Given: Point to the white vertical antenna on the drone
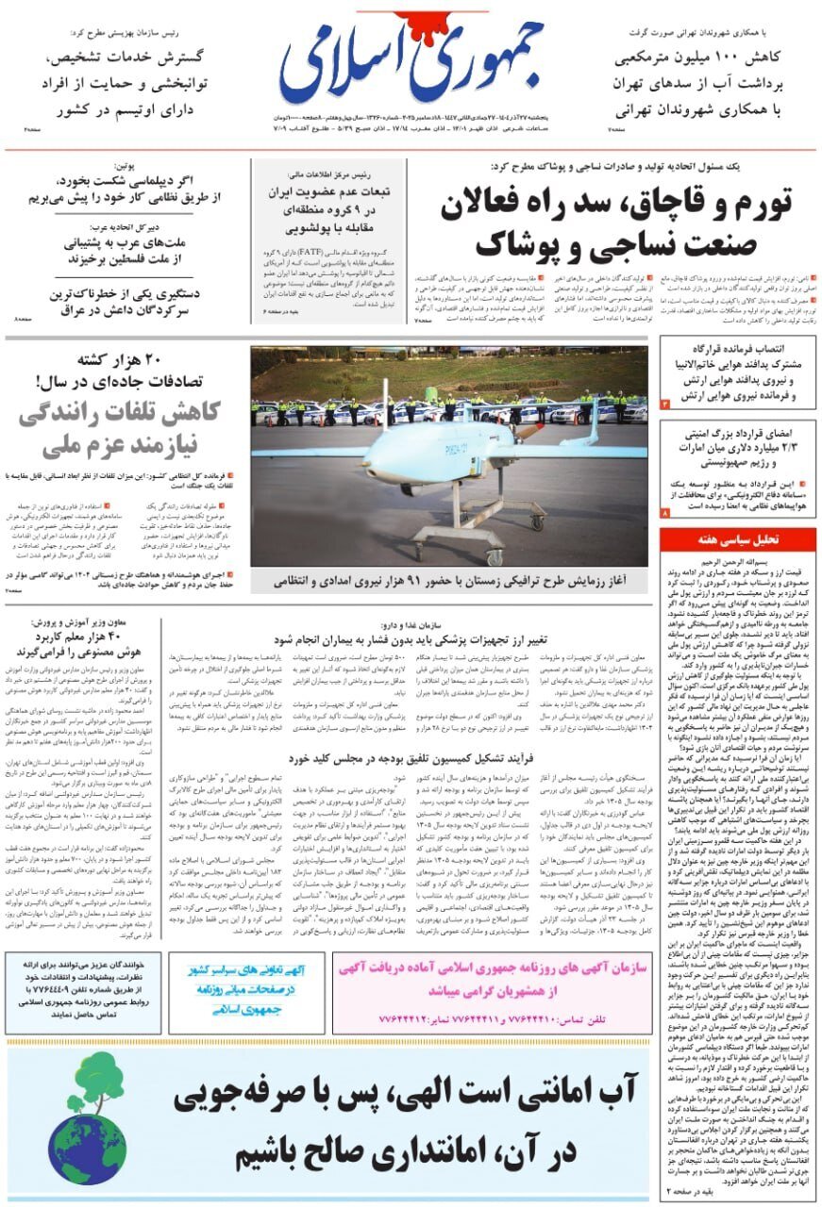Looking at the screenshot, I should pyautogui.click(x=385, y=403).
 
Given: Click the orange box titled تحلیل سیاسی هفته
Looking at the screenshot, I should pyautogui.click(x=738, y=538).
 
